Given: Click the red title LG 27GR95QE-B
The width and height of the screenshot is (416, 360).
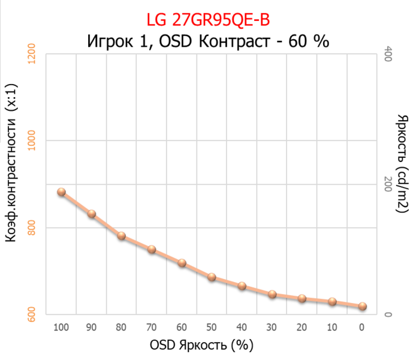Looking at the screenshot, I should pos(208,20).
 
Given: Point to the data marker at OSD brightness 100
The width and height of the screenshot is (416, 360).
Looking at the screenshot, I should pos(61,192).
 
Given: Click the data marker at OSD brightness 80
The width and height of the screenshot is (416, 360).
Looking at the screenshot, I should pos(121,236).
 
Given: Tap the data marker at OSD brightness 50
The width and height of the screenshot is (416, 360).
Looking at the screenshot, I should pos(212,277).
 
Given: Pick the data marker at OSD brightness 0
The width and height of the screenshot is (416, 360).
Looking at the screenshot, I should pos(362,306).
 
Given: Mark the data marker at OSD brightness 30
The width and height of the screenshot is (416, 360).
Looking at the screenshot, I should pos(272,294).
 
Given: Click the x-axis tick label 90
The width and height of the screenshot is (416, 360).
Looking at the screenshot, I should pos(91,328).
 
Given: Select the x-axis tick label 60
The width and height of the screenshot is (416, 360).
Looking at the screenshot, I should pos(182,328).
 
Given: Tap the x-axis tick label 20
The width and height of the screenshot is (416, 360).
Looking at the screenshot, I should pos(302,328).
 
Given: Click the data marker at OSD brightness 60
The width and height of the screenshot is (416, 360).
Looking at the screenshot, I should pos(182,263).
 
